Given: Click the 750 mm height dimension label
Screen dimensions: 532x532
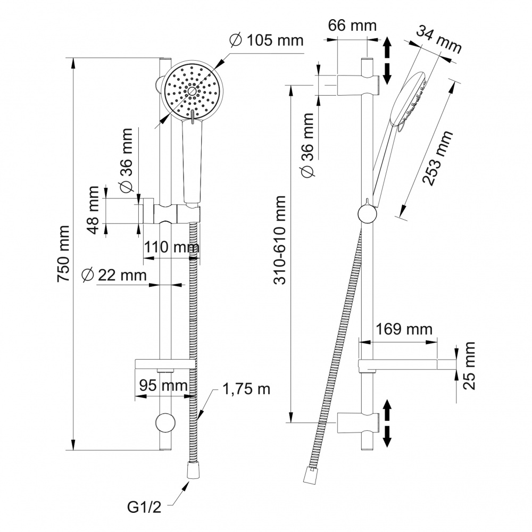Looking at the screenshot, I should click(64, 254).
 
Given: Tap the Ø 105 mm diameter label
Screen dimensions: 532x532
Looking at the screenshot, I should click(266, 40).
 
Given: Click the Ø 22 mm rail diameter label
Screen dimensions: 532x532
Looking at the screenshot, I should click(114, 275).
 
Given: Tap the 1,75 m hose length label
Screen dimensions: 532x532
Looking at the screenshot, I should click(246, 389).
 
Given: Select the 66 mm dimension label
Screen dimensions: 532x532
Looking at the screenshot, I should click(352, 25).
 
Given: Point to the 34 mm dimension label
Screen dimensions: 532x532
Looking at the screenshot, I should click(438, 40).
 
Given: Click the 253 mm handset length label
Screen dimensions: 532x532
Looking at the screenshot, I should click(438, 157).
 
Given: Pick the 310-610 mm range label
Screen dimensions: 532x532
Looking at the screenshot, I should click(280, 240).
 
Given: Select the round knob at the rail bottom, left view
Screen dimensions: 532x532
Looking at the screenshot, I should click(165, 423).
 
